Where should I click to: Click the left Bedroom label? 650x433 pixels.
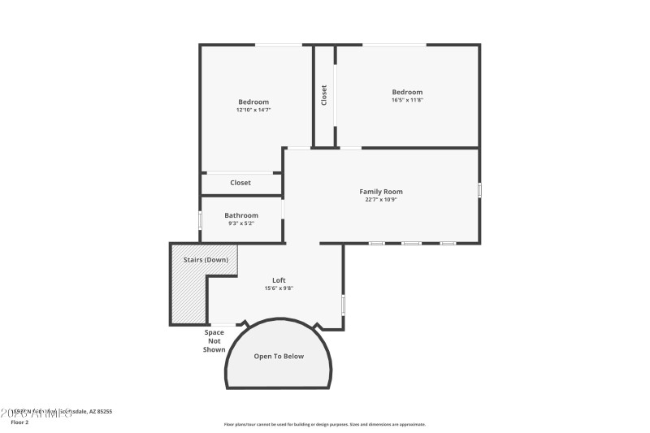point(253,102)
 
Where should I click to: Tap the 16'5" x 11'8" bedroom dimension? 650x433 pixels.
point(408,100)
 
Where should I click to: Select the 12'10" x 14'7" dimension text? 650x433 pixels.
point(253,110)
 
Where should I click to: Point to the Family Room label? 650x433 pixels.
point(381,192)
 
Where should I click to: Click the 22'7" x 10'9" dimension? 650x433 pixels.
point(381,199)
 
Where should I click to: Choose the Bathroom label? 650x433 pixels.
point(241,215)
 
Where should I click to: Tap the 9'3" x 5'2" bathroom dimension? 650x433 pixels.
point(241,223)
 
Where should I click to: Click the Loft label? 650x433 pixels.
point(279,280)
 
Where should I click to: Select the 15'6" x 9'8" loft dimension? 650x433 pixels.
point(279,288)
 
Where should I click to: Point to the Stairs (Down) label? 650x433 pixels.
point(206,260)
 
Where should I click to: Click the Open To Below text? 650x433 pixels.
point(279,356)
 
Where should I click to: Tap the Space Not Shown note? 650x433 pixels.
point(214,340)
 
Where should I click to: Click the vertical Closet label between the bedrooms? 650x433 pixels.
point(324,95)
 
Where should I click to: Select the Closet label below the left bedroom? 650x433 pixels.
point(240,183)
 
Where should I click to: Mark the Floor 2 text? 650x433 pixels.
point(19,422)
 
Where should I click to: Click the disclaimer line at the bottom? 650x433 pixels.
point(324,424)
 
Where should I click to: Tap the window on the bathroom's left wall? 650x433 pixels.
point(201,220)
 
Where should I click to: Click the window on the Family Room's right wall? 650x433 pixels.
point(479,190)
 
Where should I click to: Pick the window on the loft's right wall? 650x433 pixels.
point(344,304)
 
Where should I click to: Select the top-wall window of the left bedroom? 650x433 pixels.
point(279,45)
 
